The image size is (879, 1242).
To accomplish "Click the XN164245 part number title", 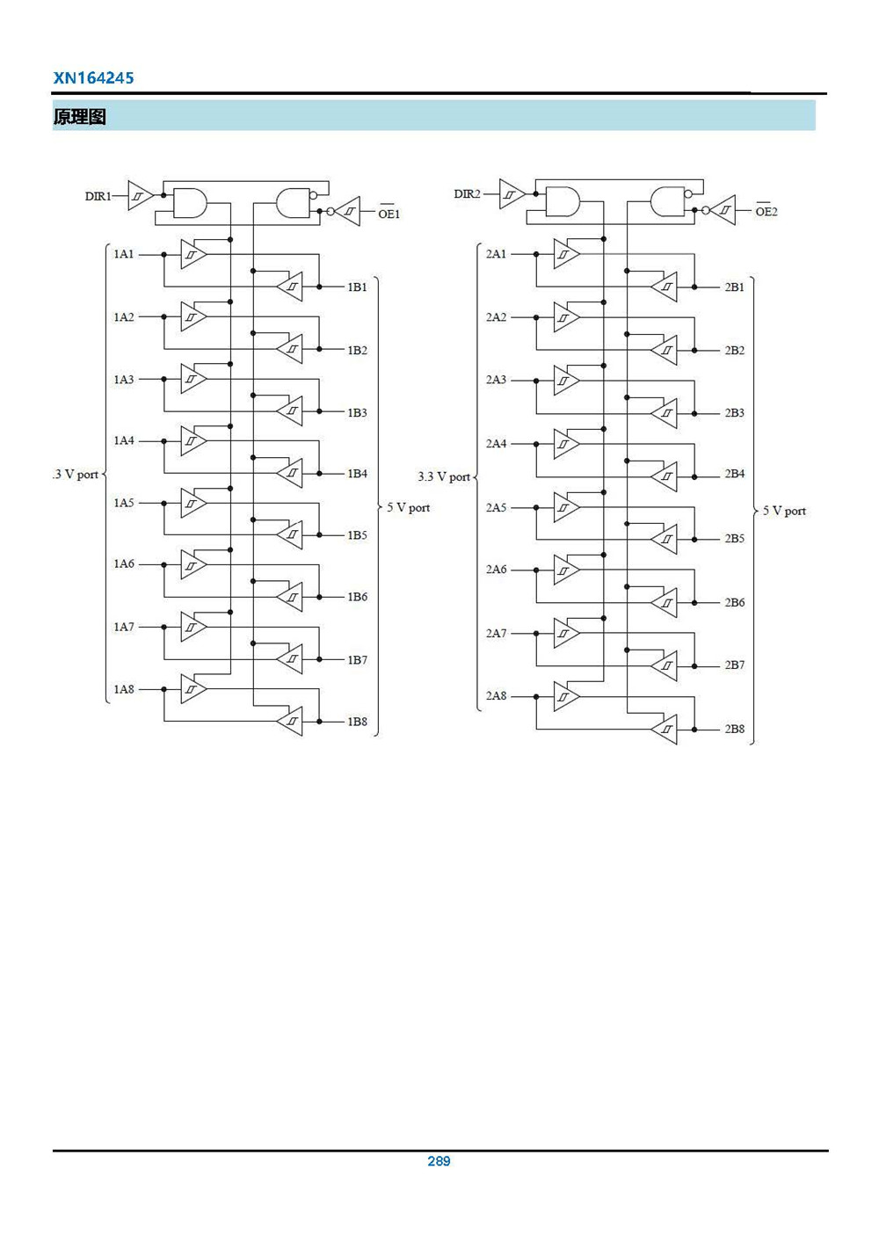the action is [x=93, y=77].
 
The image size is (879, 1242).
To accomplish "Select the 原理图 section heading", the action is [x=79, y=117].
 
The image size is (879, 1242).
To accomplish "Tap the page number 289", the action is [x=439, y=1160].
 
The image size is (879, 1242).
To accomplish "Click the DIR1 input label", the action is [x=98, y=196].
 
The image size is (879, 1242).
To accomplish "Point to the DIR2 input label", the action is [x=467, y=194].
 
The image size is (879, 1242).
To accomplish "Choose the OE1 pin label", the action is [x=389, y=213].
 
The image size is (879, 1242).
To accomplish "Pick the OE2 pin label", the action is [x=766, y=211].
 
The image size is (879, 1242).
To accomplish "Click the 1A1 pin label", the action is [x=124, y=254].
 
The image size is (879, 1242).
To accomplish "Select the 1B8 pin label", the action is [x=357, y=722].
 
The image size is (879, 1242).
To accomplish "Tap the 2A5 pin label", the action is [x=497, y=507].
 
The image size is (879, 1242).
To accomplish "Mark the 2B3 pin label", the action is [x=734, y=412].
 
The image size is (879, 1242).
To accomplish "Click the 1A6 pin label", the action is [x=124, y=564].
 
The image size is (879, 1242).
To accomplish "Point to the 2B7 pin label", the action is [x=734, y=665].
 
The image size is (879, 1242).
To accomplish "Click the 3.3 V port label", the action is [x=444, y=476].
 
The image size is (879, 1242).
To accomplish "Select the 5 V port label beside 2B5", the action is [x=784, y=511].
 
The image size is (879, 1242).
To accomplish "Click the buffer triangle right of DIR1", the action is [x=140, y=195].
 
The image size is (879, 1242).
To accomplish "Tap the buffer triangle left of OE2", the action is [x=723, y=210].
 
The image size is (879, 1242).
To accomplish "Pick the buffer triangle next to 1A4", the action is [x=193, y=440].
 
